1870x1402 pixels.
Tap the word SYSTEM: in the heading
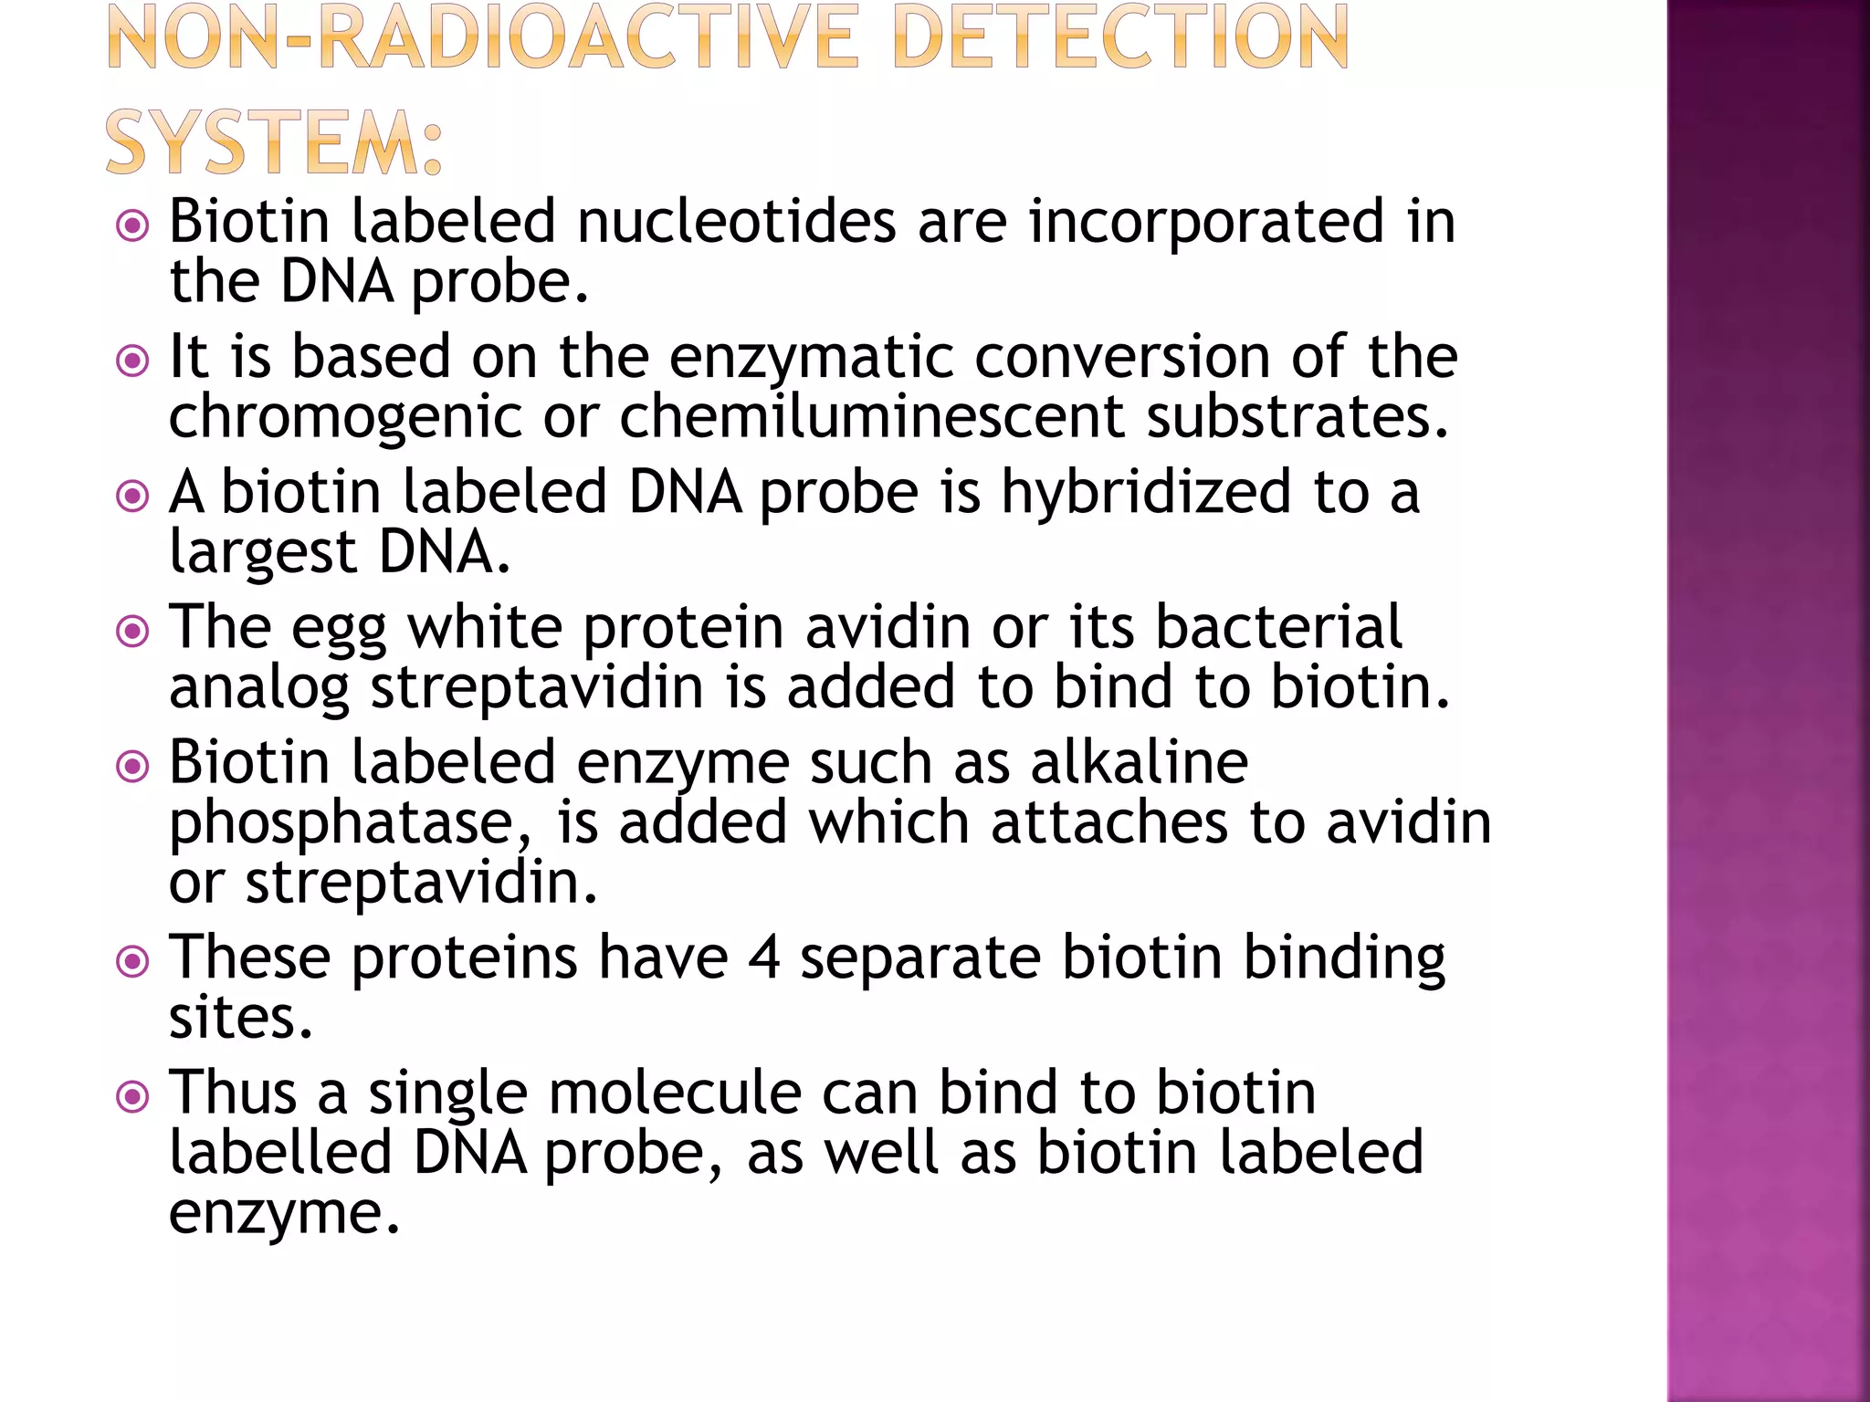274,142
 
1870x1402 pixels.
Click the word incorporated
1205,224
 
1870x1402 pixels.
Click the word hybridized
1146,494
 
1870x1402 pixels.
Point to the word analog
259,690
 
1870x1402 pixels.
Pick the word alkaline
1139,762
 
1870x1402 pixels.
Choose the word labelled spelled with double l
280,1152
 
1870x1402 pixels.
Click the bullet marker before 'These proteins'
133,961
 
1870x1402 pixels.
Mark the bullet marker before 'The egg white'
133,631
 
